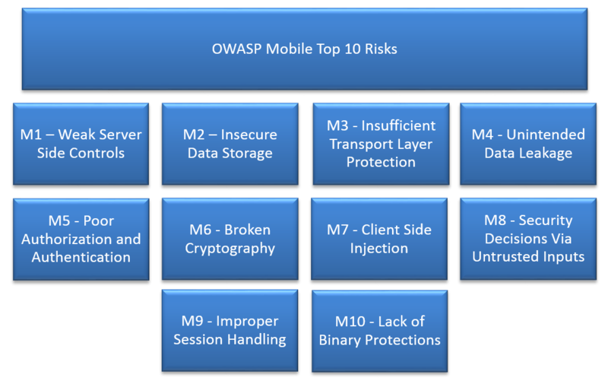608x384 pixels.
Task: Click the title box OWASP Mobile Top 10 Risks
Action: pos(304,49)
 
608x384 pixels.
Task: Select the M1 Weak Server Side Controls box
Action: pos(81,144)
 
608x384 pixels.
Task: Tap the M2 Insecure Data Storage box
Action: pos(230,144)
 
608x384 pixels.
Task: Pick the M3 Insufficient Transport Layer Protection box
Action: pos(381,144)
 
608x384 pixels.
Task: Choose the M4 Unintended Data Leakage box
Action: pos(528,144)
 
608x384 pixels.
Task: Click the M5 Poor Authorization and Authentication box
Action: pos(81,239)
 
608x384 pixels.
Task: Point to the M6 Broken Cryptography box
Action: pos(230,239)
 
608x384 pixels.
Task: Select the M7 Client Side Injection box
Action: pos(379,239)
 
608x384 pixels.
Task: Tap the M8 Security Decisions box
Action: pos(528,239)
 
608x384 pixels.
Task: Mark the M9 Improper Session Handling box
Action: pos(230,330)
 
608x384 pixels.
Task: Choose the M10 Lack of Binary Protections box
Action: pos(379,330)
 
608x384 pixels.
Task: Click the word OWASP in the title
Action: pos(236,49)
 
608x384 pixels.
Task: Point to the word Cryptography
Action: pos(230,249)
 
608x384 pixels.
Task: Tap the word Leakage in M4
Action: pos(546,153)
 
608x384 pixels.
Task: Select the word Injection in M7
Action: pos(379,249)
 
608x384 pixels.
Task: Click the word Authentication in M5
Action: pos(81,257)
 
